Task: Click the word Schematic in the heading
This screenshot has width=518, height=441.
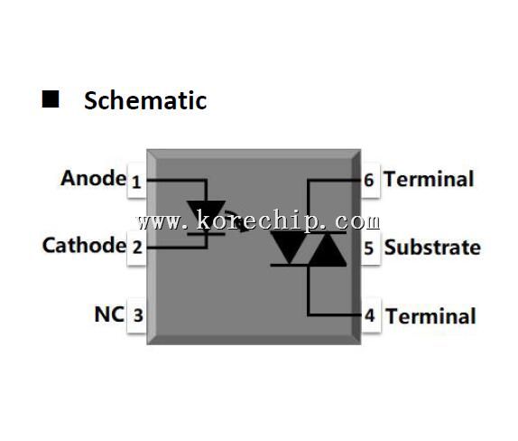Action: click(145, 100)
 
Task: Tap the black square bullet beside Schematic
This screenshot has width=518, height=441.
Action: click(51, 99)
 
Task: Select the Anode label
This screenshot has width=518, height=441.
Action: click(93, 178)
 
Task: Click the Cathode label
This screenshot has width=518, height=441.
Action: click(84, 245)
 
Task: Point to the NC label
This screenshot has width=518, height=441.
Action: click(109, 314)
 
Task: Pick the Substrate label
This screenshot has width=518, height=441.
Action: click(432, 248)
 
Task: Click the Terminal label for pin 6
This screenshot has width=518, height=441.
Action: click(429, 179)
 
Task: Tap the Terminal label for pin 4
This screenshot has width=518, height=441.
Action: click(430, 316)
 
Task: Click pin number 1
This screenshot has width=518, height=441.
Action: click(136, 182)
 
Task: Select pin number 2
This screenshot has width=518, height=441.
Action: click(137, 247)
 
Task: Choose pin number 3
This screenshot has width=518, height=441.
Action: click(138, 315)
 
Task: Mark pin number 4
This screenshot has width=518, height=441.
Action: click(370, 315)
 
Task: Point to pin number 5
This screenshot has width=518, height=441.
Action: click(369, 249)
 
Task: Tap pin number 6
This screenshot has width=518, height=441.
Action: click(369, 181)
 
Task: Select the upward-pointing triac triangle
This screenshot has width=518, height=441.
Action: click(328, 249)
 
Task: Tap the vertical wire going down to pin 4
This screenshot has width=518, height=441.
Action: click(309, 290)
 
